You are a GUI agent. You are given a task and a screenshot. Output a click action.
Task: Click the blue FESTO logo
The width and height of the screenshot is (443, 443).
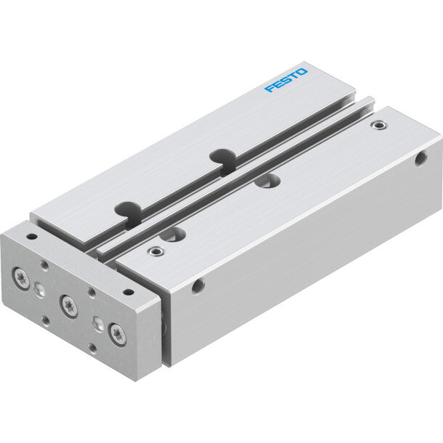(286, 80)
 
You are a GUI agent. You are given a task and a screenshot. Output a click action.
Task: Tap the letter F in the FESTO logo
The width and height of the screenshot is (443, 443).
(269, 88)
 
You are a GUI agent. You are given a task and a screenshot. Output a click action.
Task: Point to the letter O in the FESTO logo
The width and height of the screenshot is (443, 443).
(301, 72)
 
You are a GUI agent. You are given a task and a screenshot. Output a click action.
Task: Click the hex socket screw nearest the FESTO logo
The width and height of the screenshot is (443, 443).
(379, 125)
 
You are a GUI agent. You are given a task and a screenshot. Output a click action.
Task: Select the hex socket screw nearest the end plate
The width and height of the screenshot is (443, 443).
(156, 251)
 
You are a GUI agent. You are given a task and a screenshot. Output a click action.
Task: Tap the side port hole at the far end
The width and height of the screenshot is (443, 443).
(421, 158)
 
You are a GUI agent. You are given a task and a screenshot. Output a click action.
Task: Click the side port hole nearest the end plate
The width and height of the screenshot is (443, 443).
(198, 286)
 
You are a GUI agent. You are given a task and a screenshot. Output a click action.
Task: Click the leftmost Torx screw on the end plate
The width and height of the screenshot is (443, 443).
(21, 278)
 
